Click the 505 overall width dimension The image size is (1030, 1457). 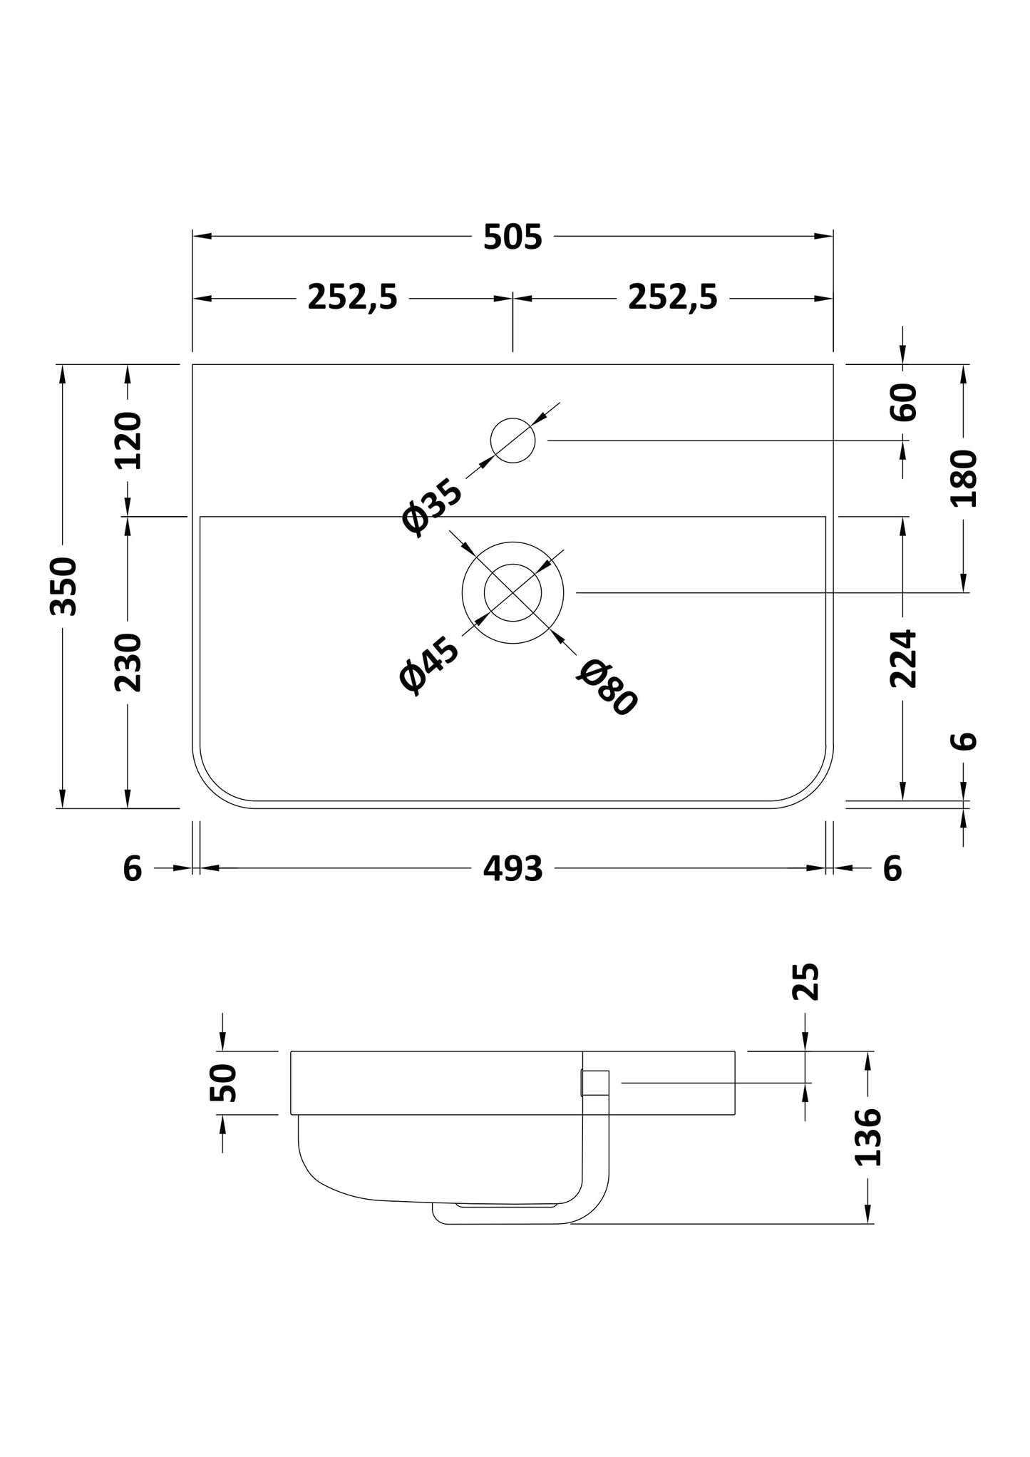pos(513,237)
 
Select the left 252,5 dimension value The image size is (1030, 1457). pos(352,297)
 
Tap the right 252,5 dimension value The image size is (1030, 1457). pos(672,297)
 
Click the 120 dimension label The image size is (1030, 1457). pos(129,441)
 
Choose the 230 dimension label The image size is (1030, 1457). pos(129,662)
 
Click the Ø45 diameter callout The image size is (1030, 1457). pos(428,666)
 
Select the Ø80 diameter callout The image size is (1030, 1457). pos(607,687)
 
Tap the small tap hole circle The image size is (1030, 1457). pos(513,440)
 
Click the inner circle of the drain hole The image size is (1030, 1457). pos(513,592)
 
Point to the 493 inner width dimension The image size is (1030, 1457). pos(513,869)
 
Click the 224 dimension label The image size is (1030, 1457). pos(903,657)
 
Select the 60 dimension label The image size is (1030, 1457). pos(904,403)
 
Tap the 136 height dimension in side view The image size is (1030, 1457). pos(867,1147)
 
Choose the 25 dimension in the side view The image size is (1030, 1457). pos(805,982)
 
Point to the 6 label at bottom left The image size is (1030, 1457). pos(133,869)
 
